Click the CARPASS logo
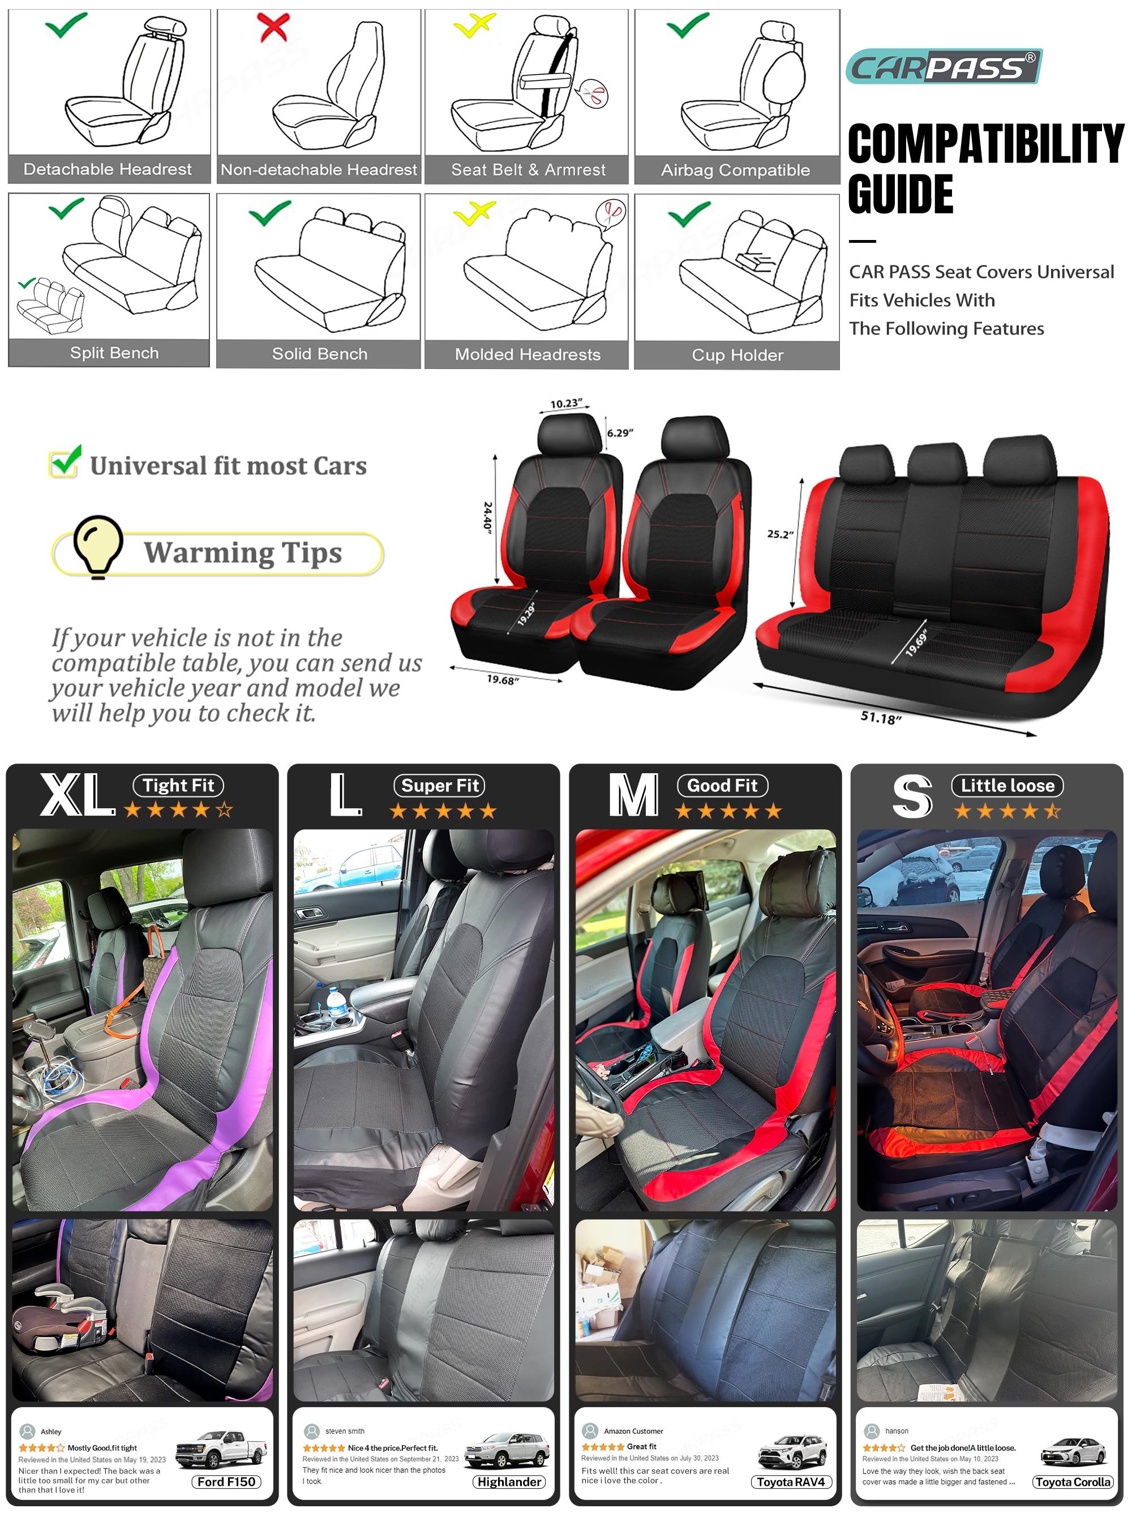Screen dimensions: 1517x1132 pos(944,66)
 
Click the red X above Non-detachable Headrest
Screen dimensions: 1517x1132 pos(273,27)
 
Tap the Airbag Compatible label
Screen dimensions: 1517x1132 pos(735,170)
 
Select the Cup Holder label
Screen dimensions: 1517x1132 pos(737,355)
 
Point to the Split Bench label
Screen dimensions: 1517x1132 pos(114,353)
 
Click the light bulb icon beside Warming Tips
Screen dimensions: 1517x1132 pos(98,547)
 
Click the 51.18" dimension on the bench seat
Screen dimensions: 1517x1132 pos(881,717)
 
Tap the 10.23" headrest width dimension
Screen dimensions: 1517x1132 pos(566,404)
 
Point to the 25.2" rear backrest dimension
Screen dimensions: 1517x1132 pos(780,534)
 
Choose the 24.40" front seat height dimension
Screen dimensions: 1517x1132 pos(488,517)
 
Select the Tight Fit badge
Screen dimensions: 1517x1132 pos(178,785)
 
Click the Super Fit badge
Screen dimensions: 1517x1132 pos(439,785)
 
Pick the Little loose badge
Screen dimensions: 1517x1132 pos(1007,785)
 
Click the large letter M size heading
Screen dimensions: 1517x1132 pos(634,795)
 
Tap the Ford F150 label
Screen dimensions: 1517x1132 pos(226,1481)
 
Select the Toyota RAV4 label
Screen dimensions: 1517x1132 pos(791,1481)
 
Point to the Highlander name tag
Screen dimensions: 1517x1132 pos(510,1481)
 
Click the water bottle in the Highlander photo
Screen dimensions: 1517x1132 pos(336,1002)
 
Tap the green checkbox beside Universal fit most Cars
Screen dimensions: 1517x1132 pos(65,462)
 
